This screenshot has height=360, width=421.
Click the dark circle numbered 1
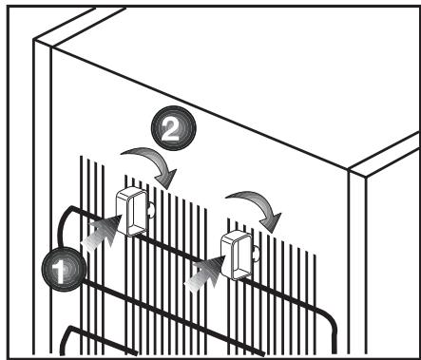click(64, 269)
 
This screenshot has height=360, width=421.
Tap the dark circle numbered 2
click(174, 128)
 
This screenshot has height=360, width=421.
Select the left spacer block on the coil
click(131, 212)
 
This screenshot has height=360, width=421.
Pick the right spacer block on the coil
click(237, 256)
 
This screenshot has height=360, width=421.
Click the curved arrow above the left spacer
click(152, 161)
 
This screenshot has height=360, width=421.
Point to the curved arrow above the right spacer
click(257, 202)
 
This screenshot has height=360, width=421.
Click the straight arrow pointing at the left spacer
click(102, 231)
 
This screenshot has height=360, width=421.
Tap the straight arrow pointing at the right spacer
click(206, 274)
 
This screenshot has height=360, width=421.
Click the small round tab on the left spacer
click(151, 210)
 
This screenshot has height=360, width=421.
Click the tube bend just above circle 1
click(63, 218)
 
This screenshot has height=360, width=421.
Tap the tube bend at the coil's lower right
click(330, 320)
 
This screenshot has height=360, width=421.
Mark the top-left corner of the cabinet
click(34, 40)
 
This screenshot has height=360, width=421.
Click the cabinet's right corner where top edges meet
click(349, 169)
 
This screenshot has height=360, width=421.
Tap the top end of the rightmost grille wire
click(315, 255)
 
